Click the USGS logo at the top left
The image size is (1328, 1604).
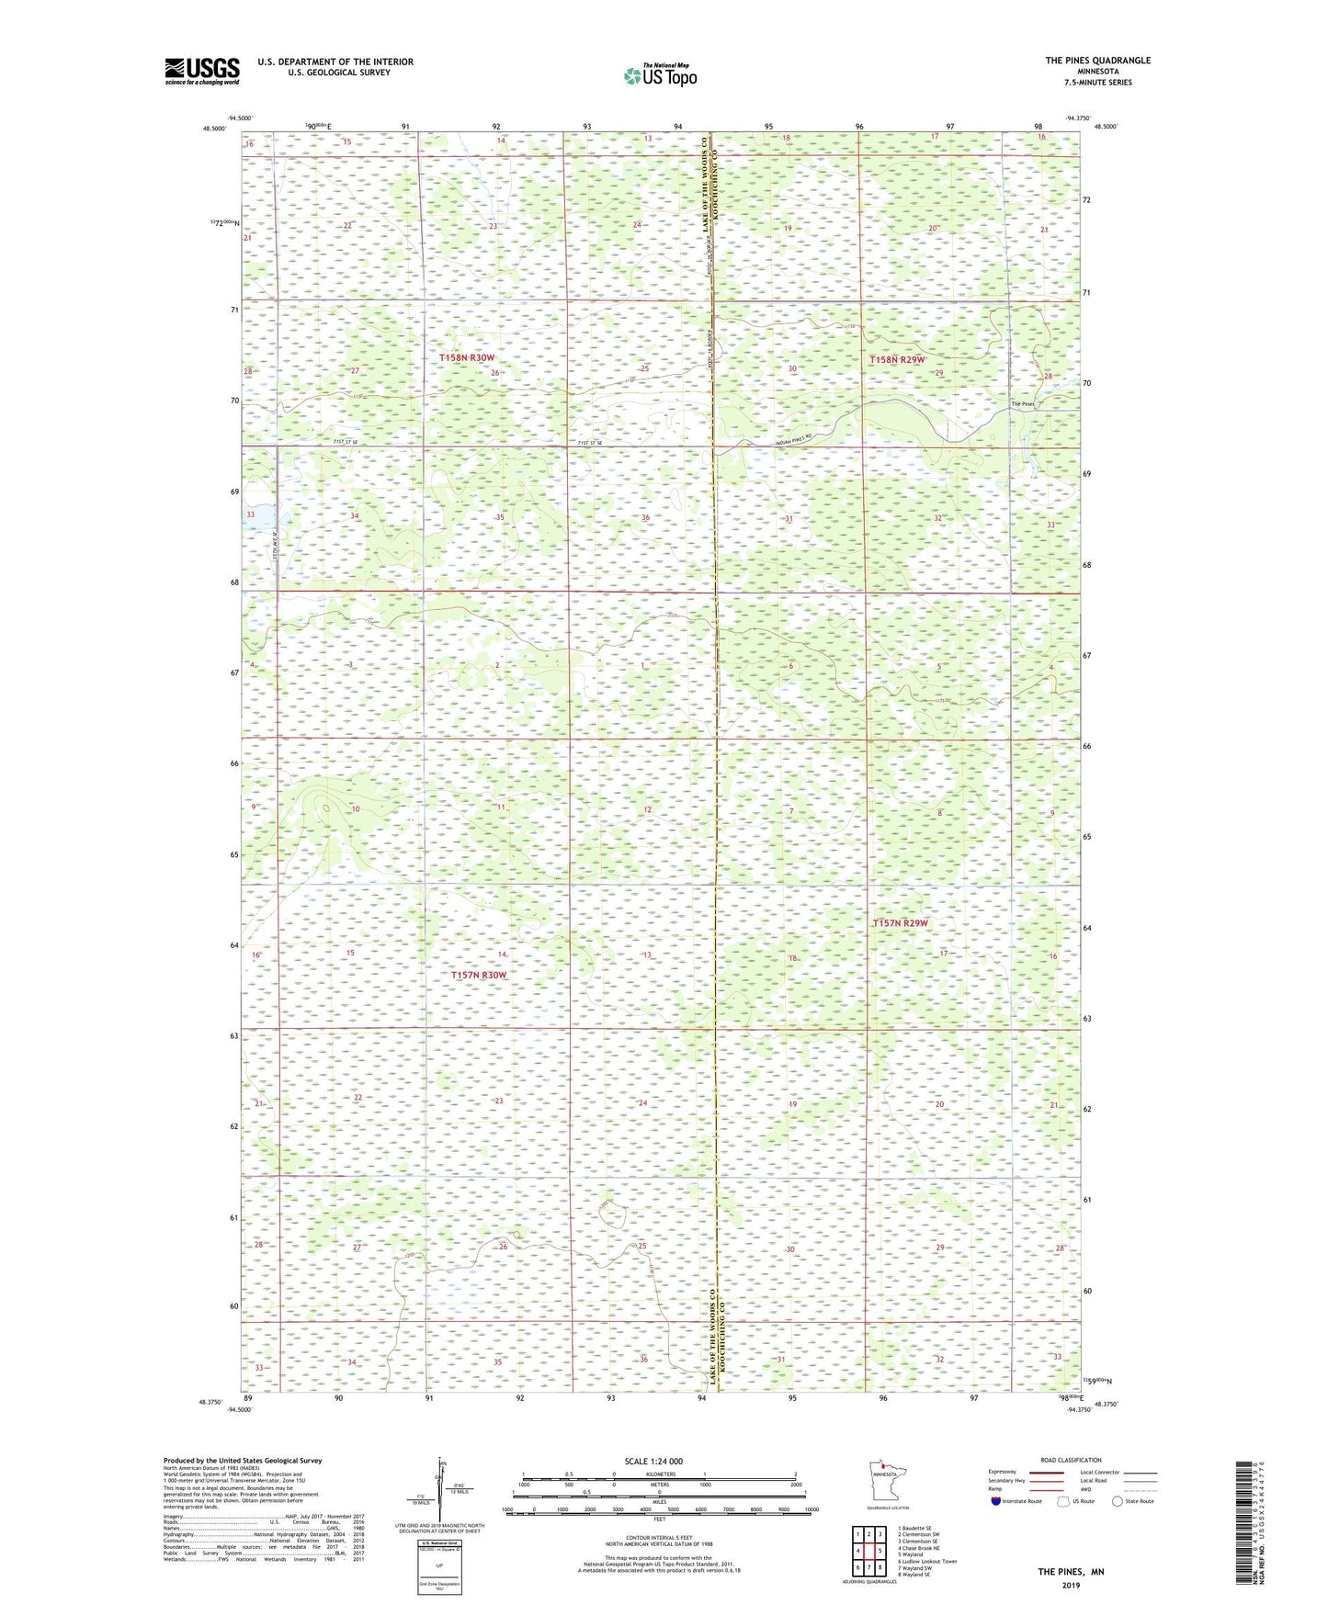click(201, 70)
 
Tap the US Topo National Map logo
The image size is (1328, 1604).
click(659, 75)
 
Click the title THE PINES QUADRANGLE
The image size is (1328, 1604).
click(1096, 61)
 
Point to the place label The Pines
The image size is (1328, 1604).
click(1022, 404)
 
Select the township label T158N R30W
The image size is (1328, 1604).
click(466, 357)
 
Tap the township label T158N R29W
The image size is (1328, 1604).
click(897, 360)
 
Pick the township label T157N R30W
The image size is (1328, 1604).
click(479, 975)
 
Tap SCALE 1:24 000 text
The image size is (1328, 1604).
click(653, 1461)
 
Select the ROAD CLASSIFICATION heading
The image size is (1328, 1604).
click(1071, 1460)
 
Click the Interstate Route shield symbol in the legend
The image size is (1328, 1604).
click(996, 1501)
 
